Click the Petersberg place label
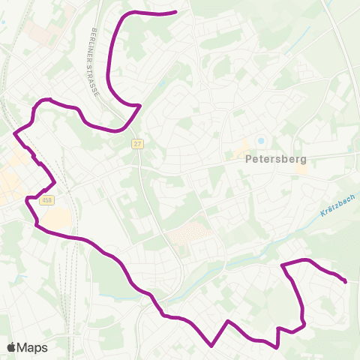[x=272, y=159]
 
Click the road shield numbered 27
[x=137, y=143]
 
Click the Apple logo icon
[x=11, y=347]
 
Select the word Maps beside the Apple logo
[x=32, y=347]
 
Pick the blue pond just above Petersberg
[x=261, y=140]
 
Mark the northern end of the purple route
[x=175, y=12]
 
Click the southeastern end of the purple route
[x=344, y=281]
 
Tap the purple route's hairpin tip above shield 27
[x=140, y=106]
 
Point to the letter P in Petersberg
[x=249, y=159]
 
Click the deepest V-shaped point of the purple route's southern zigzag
[x=212, y=346]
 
